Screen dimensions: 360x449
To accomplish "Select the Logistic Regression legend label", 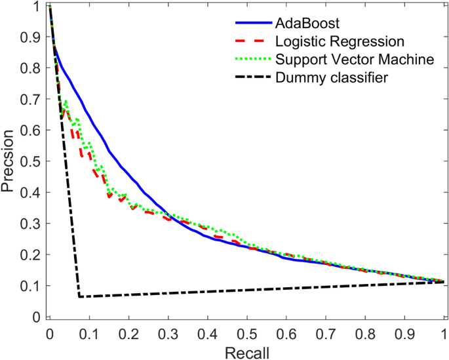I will [x=340, y=42].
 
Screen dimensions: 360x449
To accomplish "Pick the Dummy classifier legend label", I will [x=332, y=77].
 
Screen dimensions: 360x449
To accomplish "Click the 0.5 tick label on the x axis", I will [x=246, y=333].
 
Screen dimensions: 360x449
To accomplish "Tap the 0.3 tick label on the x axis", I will [x=167, y=333].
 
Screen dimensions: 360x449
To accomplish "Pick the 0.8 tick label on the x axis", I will [x=365, y=333].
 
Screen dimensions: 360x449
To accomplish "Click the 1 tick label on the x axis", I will [x=444, y=333].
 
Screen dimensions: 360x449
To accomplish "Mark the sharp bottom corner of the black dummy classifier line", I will [x=79, y=296].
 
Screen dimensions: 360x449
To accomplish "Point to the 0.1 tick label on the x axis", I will [x=88, y=333].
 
